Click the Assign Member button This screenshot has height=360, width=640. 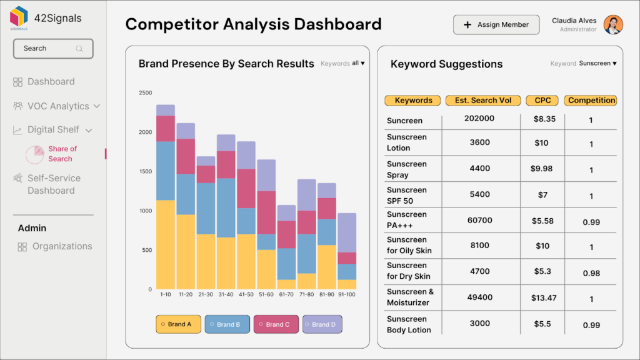tap(496, 25)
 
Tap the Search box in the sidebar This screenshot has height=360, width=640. tap(53, 49)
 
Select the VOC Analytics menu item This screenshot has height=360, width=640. tap(57, 106)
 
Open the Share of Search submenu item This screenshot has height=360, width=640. tap(62, 154)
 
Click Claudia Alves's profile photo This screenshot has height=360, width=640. tap(613, 25)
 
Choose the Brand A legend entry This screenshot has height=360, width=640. tap(178, 324)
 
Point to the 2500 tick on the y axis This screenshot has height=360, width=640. tap(145, 93)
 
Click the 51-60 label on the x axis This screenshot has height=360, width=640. tap(266, 294)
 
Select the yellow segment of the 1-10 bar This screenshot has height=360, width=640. tap(166, 244)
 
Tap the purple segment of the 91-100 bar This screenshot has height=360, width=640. tap(347, 232)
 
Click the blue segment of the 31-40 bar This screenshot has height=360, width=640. tap(226, 207)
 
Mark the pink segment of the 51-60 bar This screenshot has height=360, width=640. tap(266, 212)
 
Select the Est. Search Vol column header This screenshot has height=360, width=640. tap(483, 101)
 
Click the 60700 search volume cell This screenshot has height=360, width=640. tap(480, 220)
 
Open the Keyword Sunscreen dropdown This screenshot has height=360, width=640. tap(597, 64)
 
